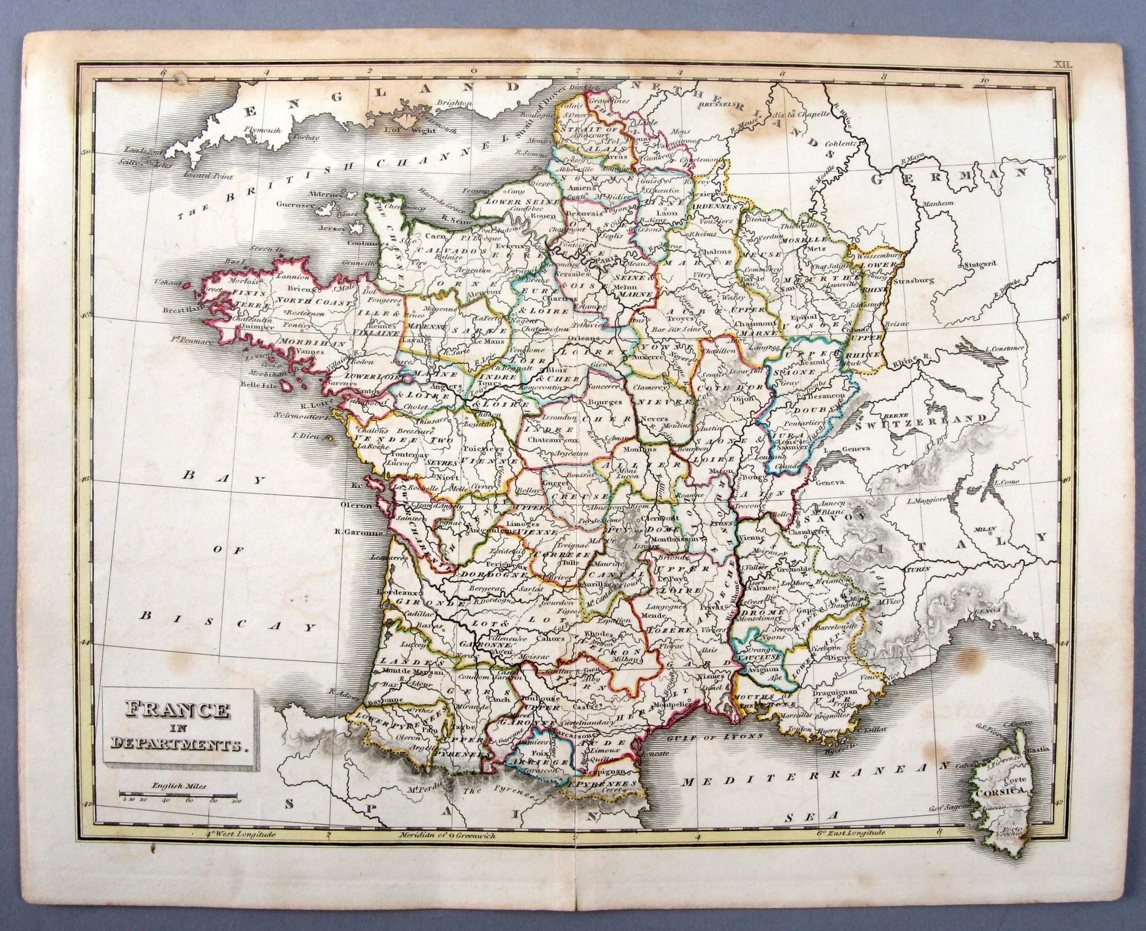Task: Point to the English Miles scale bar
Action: click(x=178, y=794)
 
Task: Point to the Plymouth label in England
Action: click(x=263, y=131)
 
